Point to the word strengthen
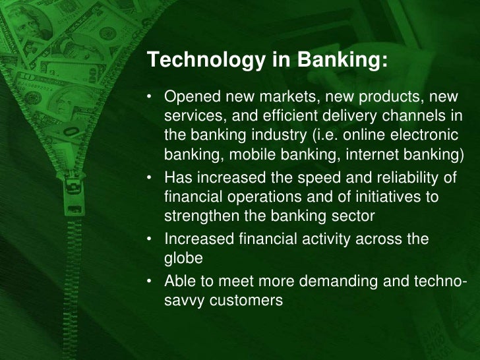click(195, 216)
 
